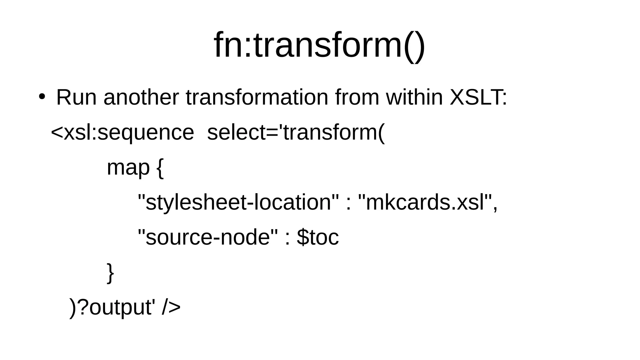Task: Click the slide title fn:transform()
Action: pos(319,45)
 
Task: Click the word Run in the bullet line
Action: pos(76,97)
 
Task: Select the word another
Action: pos(141,97)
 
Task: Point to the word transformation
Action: pos(257,97)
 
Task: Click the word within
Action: pos(414,97)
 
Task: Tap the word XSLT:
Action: pos(478,97)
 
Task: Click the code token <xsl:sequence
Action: pos(122,132)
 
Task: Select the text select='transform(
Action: pos(296,132)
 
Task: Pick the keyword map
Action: pos(128,168)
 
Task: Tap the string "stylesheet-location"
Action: pos(238,202)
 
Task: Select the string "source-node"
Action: pos(207,237)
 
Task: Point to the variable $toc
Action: pos(317,237)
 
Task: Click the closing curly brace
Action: pos(110,273)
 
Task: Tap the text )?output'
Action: pos(112,307)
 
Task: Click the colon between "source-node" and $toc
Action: pos(287,238)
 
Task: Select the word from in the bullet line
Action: pos(357,97)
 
